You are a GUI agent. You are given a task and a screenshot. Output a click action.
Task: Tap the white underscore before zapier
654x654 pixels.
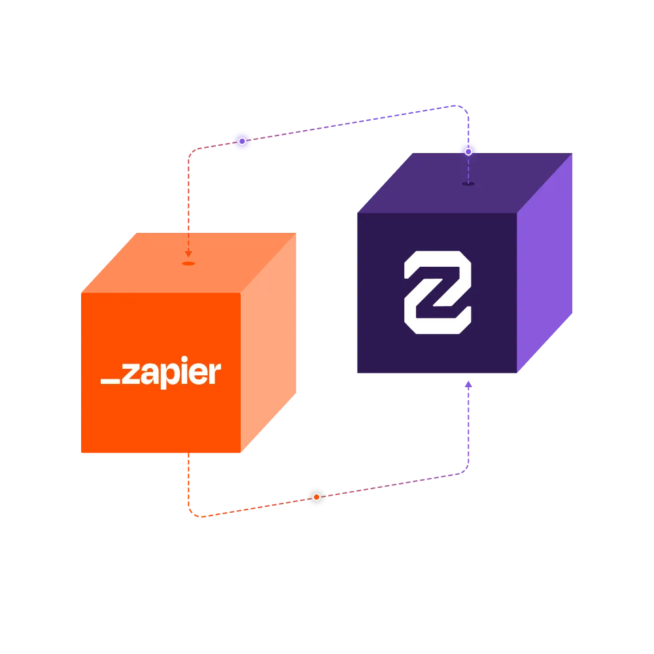pos(111,379)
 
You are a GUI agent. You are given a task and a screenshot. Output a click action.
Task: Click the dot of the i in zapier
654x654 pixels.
pos(184,363)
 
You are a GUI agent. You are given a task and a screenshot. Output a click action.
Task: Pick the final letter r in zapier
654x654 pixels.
pos(215,373)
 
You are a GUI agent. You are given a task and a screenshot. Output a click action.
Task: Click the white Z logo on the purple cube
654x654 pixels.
pos(437,292)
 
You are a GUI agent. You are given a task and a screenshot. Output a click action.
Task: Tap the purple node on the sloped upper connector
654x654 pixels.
pos(242,141)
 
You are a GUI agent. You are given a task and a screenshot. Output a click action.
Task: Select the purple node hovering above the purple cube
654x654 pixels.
pos(468,151)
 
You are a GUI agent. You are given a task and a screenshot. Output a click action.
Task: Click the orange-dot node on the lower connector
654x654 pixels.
pos(317,497)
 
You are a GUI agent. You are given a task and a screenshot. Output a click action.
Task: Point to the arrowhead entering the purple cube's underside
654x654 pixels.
pos(468,384)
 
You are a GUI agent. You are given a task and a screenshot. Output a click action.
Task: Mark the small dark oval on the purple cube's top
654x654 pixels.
pos(468,184)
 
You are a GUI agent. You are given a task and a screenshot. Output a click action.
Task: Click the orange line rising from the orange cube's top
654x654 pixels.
pos(188,196)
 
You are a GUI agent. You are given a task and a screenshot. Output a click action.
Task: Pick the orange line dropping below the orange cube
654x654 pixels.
pos(188,481)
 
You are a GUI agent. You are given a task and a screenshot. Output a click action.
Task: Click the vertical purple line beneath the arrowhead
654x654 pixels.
pos(468,425)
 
